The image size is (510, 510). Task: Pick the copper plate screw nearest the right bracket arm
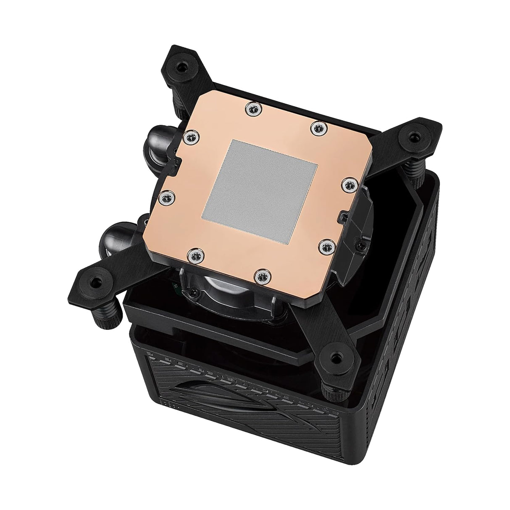click(349, 183)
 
